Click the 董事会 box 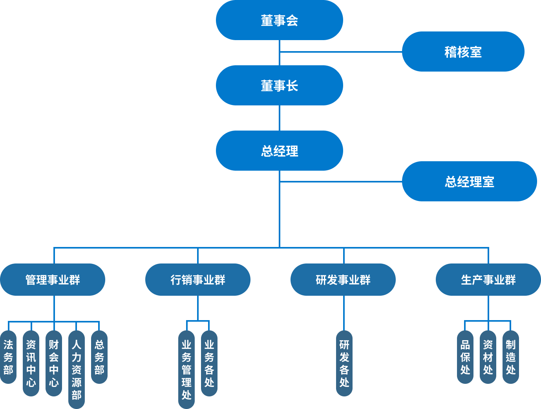coord(279,20)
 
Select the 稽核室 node coord(463,52)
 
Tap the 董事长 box coord(279,85)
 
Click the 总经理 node coord(279,151)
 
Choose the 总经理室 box coord(469,181)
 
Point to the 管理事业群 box coord(53,280)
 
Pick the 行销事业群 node coord(197,280)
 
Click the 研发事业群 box coord(343,280)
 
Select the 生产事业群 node coord(488,280)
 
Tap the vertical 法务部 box coord(8,357)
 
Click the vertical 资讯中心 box coord(31,363)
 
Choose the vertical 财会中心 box coord(54,363)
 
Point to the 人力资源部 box coord(77,370)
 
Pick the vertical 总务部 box coord(99,357)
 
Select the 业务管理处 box coord(186,370)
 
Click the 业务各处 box coord(209,363)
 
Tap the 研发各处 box coord(344,363)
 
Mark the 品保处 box coord(465,357)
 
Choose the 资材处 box coord(488,357)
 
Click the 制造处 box coord(511,357)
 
